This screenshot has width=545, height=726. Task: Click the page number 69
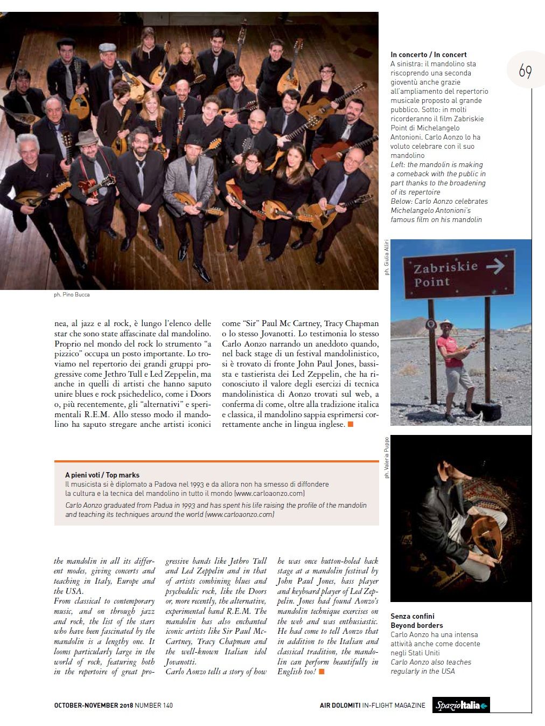pos(525,71)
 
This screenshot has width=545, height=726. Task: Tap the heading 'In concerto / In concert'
pos(428,54)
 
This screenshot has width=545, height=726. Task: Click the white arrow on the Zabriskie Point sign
pos(495,266)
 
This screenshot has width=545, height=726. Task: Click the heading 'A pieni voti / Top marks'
pos(102,475)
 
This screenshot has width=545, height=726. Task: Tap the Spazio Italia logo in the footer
pos(461,705)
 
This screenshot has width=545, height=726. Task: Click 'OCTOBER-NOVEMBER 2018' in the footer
pos(93,705)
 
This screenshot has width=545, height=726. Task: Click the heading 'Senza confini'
pos(412,616)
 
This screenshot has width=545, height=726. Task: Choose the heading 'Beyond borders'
pos(416,625)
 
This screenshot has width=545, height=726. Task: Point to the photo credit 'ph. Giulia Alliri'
pos(387,258)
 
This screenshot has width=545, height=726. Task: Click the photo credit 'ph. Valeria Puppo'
pos(387,458)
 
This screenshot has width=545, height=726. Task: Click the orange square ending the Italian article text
pos(350,425)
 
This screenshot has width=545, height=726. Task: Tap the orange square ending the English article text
pos(322,672)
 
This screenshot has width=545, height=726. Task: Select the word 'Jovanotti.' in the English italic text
pos(180,661)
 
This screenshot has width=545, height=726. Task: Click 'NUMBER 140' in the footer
pos(154,705)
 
